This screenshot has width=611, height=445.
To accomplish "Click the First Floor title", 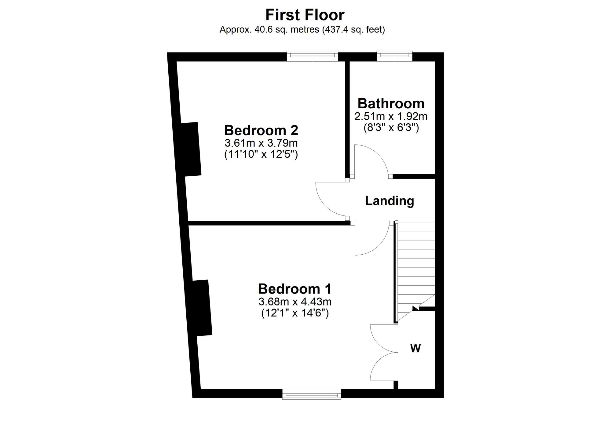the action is (x=305, y=15).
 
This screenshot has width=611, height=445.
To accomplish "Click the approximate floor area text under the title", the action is (x=302, y=30).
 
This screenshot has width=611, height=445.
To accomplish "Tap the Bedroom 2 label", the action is (x=261, y=130).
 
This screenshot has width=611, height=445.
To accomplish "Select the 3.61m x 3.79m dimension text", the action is (x=261, y=143).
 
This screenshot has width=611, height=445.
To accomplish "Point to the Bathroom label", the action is (x=391, y=104).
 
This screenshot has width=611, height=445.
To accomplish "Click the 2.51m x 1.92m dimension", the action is (x=391, y=116).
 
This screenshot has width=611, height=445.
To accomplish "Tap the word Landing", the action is (x=390, y=201).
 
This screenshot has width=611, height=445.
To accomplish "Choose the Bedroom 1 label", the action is (x=295, y=289).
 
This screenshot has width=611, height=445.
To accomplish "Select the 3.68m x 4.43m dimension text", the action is (x=295, y=302).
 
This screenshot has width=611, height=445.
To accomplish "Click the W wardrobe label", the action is (x=415, y=348).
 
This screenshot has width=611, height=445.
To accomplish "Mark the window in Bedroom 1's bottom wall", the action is (x=312, y=394).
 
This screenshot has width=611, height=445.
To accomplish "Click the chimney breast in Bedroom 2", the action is (x=191, y=149).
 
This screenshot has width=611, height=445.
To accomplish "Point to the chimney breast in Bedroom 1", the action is (x=202, y=308).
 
